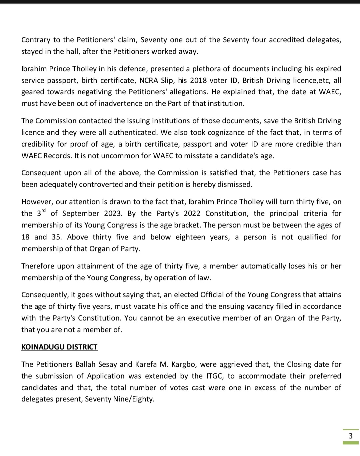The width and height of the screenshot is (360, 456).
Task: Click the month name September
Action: click(81, 214)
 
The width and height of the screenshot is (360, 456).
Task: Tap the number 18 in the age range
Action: click(26, 237)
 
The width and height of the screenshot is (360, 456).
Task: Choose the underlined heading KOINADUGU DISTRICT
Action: click(59, 347)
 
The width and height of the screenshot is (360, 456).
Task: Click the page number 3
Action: click(350, 436)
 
